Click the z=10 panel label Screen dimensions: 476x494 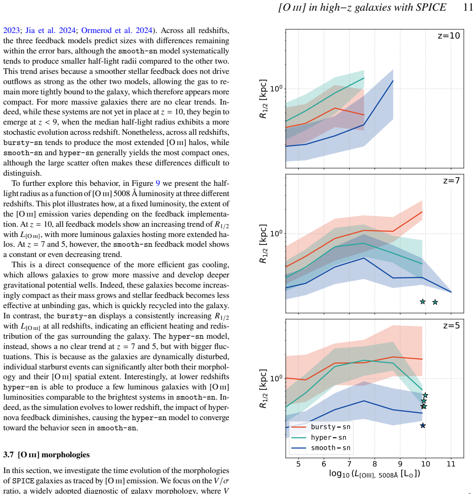[449, 36]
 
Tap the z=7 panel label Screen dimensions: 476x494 [451, 180]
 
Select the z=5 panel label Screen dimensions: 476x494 [451, 325]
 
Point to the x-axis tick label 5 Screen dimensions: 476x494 [298, 464]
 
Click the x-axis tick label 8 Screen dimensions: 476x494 [375, 464]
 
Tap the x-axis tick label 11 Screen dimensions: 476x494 [451, 464]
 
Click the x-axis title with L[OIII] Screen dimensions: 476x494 [375, 474]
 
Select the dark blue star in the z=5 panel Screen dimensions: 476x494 [423, 426]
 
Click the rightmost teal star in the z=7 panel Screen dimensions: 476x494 [435, 302]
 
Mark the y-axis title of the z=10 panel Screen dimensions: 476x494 [263, 99]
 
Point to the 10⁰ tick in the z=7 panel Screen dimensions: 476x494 [276, 233]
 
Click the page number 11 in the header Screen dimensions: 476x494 [468, 7]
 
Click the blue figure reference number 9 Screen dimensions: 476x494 [158, 184]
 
